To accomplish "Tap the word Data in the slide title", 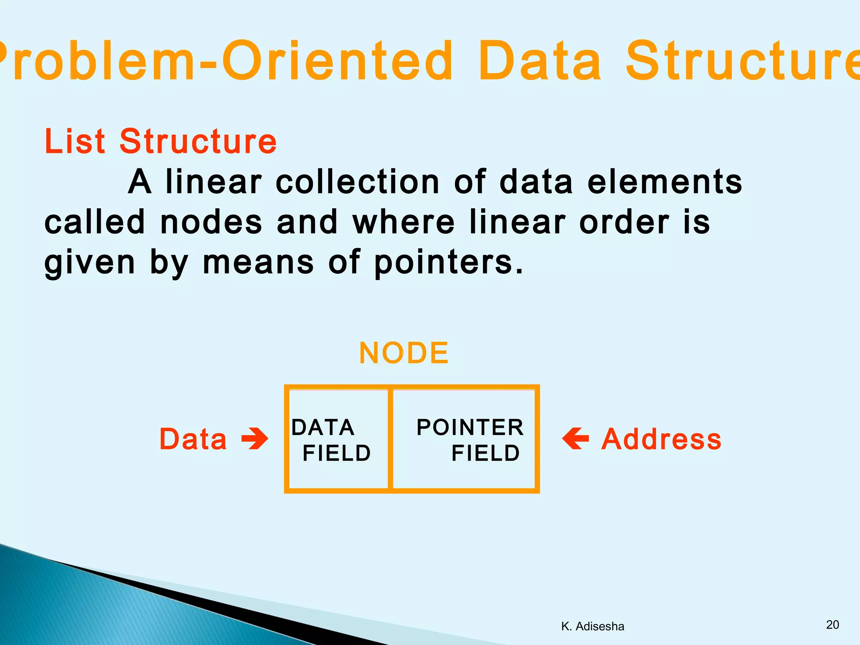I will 540,61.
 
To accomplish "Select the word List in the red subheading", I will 74,142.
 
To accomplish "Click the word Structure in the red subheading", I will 198,142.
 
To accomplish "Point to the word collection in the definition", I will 357,182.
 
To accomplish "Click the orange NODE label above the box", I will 404,353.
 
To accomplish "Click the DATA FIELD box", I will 338,439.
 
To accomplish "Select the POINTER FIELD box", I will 464,439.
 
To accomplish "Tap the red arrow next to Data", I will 255,439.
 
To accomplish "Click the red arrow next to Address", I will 576,439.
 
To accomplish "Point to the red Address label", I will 661,439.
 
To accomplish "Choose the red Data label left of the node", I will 193,439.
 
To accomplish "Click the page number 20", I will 832,625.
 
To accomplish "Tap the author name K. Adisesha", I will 593,627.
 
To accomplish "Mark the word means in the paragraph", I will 258,263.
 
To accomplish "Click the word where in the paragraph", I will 404,223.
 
